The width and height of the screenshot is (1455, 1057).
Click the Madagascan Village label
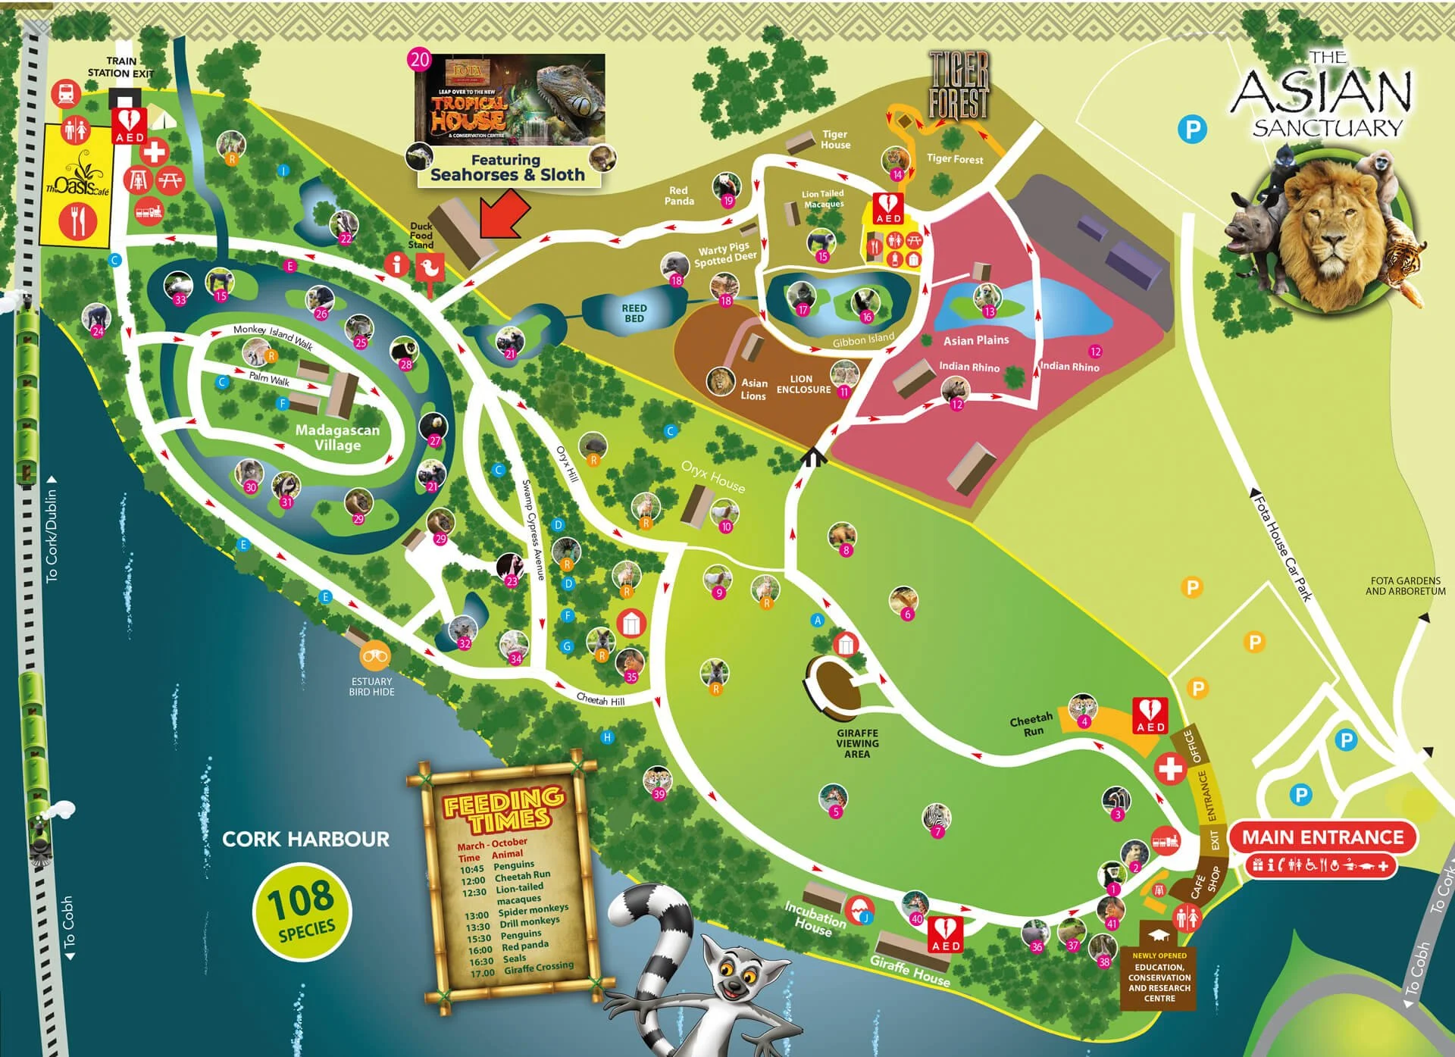pos(338,437)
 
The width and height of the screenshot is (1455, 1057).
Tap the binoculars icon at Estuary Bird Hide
pos(375,656)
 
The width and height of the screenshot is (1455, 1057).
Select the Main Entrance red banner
pos(1322,837)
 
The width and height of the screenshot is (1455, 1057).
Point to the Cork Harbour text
pos(305,839)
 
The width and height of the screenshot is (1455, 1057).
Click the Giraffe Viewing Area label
pos(857,743)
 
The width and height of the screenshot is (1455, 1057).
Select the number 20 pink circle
pos(419,60)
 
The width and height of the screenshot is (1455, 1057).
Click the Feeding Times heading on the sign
pos(504,810)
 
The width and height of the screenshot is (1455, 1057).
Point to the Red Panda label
pos(679,195)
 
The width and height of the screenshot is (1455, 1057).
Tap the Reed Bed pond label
pos(634,313)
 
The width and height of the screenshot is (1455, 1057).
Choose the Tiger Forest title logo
pos(959,85)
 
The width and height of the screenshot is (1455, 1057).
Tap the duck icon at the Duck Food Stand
pos(430,266)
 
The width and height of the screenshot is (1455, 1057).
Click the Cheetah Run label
pos(1031,724)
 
